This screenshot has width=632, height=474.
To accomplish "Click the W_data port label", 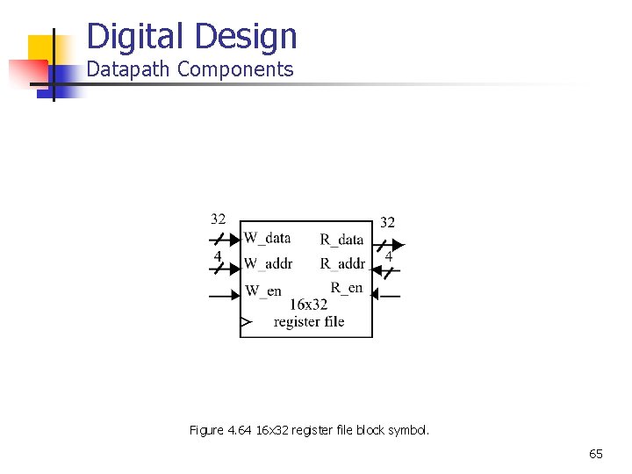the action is pyautogui.click(x=267, y=238).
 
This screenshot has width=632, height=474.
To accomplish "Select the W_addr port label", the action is pyautogui.click(x=268, y=263).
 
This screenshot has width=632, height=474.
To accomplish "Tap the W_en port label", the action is pyautogui.click(x=262, y=291).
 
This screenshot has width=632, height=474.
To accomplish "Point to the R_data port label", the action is pyautogui.click(x=341, y=239).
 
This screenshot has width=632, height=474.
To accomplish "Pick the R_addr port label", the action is pyautogui.click(x=342, y=263).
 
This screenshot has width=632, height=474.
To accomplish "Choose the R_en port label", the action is pyautogui.click(x=347, y=287).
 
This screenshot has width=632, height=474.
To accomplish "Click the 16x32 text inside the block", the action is pyautogui.click(x=308, y=305).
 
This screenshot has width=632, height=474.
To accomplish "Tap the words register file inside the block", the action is pyautogui.click(x=309, y=322).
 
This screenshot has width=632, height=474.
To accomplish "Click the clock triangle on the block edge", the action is pyautogui.click(x=246, y=323).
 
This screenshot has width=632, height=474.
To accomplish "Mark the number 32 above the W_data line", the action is pyautogui.click(x=218, y=219).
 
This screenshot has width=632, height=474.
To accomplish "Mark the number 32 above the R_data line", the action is pyautogui.click(x=387, y=223).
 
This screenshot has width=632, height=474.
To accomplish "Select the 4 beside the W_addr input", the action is pyautogui.click(x=218, y=255).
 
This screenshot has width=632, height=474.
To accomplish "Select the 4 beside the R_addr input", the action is pyautogui.click(x=388, y=257).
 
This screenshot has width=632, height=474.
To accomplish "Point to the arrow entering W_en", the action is pyautogui.click(x=225, y=295).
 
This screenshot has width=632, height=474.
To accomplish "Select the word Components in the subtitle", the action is pyautogui.click(x=235, y=69).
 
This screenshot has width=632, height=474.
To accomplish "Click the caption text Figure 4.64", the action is pyautogui.click(x=220, y=430).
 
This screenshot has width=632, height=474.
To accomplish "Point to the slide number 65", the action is pyautogui.click(x=596, y=454).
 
